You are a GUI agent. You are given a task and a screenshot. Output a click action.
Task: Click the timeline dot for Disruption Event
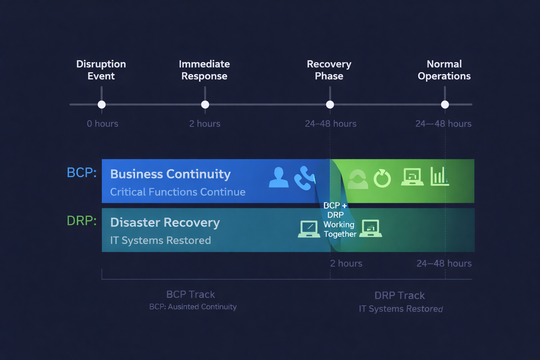pyautogui.click(x=102, y=104)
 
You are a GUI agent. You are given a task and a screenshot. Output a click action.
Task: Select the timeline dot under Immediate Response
pyautogui.click(x=205, y=104)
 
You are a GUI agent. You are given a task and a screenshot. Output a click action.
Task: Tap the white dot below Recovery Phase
pyautogui.click(x=330, y=104)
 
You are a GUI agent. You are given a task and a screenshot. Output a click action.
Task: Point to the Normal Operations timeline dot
pyautogui.click(x=445, y=104)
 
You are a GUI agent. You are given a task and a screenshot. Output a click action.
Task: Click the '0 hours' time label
pyautogui.click(x=102, y=124)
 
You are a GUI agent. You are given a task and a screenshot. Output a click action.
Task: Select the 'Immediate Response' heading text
pyautogui.click(x=204, y=70)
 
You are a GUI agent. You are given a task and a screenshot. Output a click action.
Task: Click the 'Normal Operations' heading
pyautogui.click(x=444, y=70)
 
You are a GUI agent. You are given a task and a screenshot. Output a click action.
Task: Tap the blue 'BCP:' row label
pyautogui.click(x=82, y=173)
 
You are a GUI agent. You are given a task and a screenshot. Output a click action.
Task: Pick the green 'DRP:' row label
pyautogui.click(x=82, y=221)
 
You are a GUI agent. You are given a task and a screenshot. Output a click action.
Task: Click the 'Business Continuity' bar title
pyautogui.click(x=171, y=174)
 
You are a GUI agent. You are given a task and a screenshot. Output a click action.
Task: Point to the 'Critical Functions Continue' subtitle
pyautogui.click(x=178, y=192)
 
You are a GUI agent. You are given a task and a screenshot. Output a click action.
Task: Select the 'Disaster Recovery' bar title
pyautogui.click(x=165, y=223)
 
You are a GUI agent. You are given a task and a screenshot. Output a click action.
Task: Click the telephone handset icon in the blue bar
pyautogui.click(x=304, y=178)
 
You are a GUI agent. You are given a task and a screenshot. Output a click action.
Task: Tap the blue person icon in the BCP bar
pyautogui.click(x=278, y=178)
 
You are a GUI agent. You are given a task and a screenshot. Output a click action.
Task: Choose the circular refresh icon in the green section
pyautogui.click(x=382, y=179)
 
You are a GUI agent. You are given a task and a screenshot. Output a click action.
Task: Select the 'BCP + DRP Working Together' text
pyautogui.click(x=338, y=220)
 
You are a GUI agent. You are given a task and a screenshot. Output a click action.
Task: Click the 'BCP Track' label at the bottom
pyautogui.click(x=191, y=294)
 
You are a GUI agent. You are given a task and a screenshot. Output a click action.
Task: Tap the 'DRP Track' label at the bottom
pyautogui.click(x=399, y=295)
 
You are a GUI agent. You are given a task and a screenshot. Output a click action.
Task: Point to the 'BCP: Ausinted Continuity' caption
pyautogui.click(x=193, y=307)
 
